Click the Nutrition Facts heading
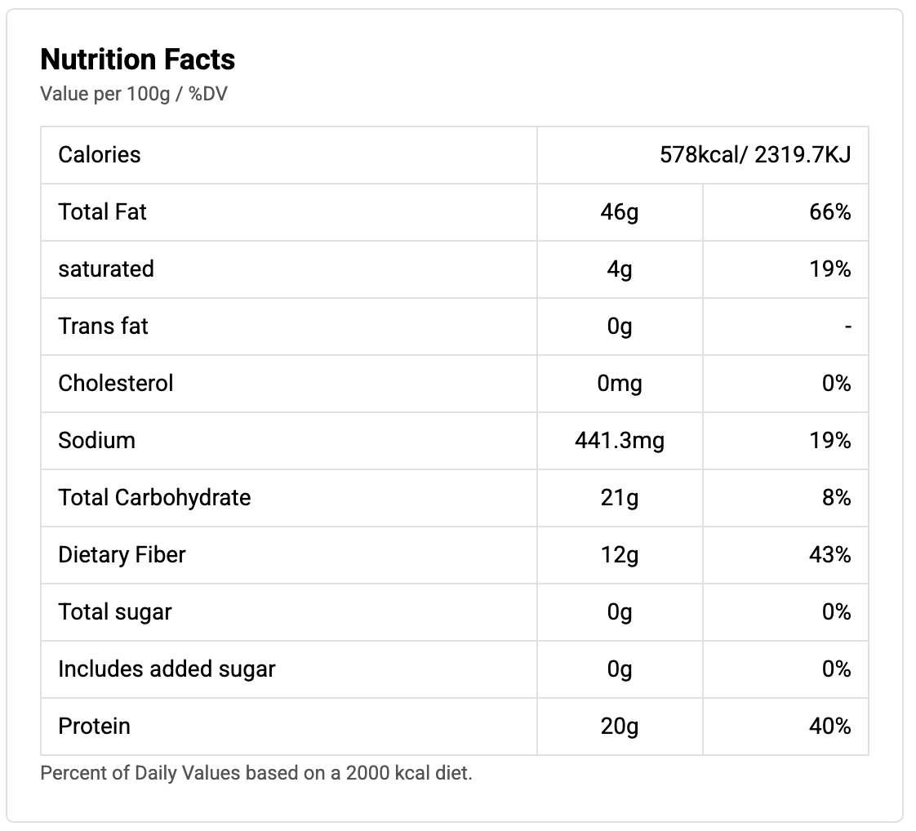(x=138, y=60)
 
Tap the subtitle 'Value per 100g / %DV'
(x=134, y=94)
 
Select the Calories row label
(x=100, y=154)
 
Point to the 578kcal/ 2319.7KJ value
(x=755, y=154)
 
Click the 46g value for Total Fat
(x=620, y=212)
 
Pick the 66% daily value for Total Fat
(x=831, y=212)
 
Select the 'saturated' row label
(x=106, y=269)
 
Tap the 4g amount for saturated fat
(x=620, y=269)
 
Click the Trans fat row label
(x=104, y=327)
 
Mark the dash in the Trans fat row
(x=848, y=327)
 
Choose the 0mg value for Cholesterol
(x=620, y=384)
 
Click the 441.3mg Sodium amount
(x=620, y=441)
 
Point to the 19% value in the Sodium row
(x=831, y=441)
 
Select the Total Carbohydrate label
(x=154, y=498)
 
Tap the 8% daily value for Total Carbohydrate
(x=837, y=498)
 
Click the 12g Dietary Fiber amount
(x=620, y=555)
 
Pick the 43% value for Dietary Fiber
(x=831, y=555)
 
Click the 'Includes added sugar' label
(x=167, y=669)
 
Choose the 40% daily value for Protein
(x=831, y=727)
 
